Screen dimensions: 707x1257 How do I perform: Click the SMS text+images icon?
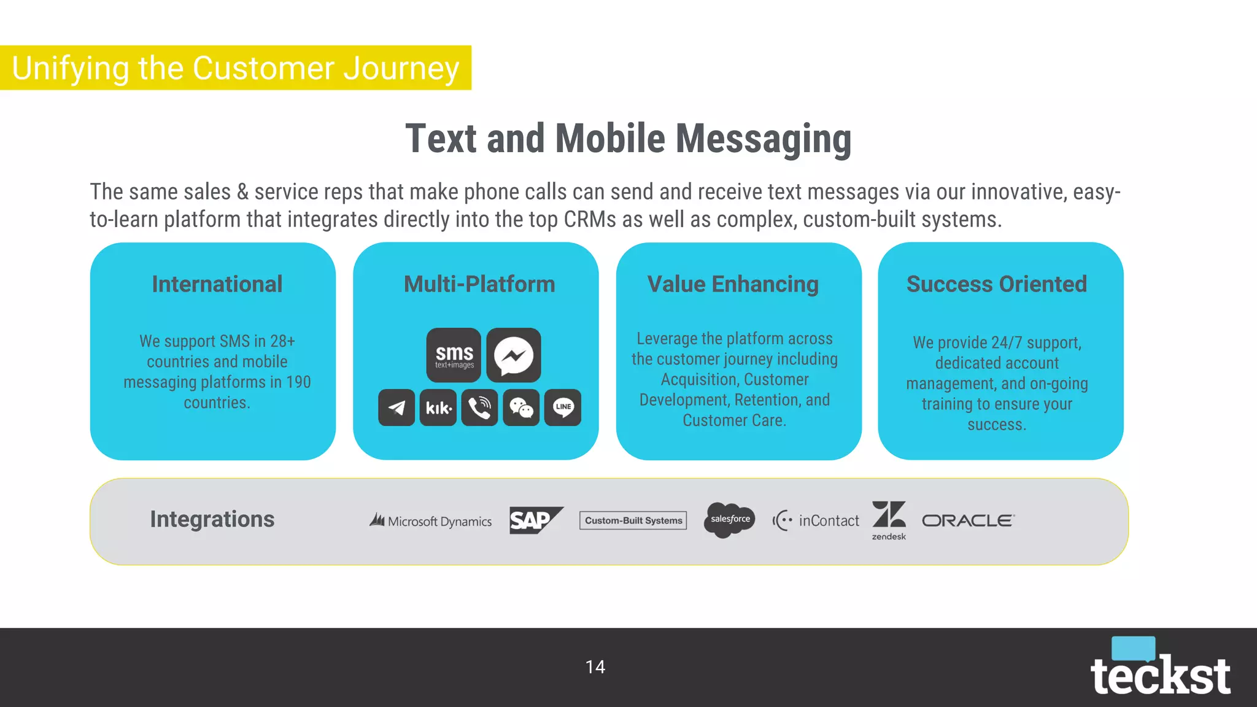tap(454, 355)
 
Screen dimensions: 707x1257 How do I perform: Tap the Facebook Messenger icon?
tap(514, 355)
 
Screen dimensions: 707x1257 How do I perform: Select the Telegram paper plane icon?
tap(396, 408)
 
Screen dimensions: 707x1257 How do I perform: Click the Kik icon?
tap(438, 408)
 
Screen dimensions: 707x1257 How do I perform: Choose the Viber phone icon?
tap(479, 408)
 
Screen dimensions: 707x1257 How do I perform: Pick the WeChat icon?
tap(521, 408)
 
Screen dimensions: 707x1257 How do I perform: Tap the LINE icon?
tap(563, 408)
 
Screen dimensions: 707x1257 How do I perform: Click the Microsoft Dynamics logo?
tap(430, 521)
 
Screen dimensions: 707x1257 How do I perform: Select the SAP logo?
tap(536, 520)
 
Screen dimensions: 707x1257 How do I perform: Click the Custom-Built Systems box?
tap(633, 520)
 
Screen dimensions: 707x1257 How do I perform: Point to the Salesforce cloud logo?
tap(729, 520)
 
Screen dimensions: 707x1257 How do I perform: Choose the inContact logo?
tap(816, 520)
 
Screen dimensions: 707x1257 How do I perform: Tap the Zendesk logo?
tap(889, 520)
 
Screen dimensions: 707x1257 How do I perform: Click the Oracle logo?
tap(968, 520)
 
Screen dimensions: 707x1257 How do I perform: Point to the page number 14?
tap(595, 667)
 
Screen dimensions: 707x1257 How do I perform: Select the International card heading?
tap(217, 284)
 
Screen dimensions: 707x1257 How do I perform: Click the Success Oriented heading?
tap(996, 284)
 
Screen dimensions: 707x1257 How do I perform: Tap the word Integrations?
tap(212, 519)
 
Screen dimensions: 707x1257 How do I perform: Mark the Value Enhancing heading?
tap(733, 284)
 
